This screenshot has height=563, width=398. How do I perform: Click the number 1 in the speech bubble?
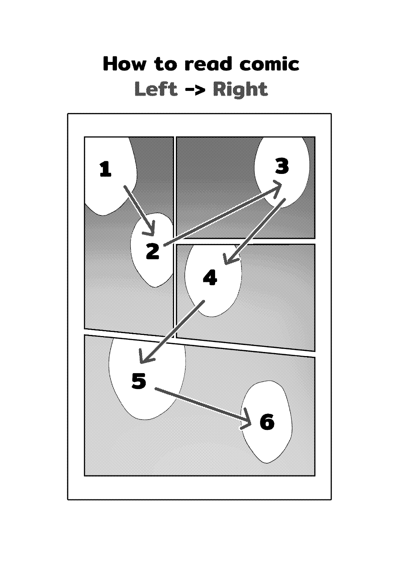tap(106, 169)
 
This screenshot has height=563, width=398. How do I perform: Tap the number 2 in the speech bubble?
tap(153, 251)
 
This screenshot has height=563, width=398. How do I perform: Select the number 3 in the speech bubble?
tap(282, 166)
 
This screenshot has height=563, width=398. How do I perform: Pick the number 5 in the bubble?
tap(139, 381)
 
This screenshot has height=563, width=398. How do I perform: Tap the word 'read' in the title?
tap(208, 63)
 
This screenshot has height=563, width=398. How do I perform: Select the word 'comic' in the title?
tap(269, 63)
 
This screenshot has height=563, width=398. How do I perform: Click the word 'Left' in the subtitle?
tap(156, 89)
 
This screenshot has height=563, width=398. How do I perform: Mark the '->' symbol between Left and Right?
tap(195, 90)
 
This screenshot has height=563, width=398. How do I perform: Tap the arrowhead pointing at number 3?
tap(277, 188)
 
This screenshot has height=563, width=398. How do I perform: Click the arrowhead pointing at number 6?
tap(247, 420)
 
